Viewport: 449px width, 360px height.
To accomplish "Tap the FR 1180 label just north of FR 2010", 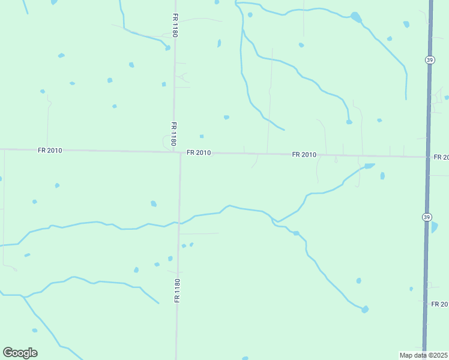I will click(173, 134).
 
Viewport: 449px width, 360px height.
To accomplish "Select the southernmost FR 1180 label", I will click(177, 290).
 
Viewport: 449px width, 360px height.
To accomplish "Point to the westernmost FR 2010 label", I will click(49, 150).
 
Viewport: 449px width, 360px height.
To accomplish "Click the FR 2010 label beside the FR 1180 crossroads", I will click(198, 152).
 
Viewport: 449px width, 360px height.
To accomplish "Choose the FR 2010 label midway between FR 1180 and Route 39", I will click(304, 155).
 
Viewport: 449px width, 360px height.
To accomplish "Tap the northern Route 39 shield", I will click(429, 59).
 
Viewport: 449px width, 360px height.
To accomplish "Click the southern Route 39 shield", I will click(426, 216).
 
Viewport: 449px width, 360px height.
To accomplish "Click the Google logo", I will click(20, 353).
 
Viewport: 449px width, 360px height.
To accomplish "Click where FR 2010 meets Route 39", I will click(427, 157).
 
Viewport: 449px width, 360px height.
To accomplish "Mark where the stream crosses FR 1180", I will click(178, 223).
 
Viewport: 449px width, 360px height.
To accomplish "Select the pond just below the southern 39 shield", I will click(434, 227).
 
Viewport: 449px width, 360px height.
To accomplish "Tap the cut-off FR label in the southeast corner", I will click(440, 305).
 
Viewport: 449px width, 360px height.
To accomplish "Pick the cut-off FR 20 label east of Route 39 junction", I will click(441, 157).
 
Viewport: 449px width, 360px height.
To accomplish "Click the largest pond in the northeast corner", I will click(356, 17).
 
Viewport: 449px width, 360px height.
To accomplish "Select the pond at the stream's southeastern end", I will click(364, 309).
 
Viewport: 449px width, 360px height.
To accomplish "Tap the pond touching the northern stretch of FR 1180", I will click(169, 47).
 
